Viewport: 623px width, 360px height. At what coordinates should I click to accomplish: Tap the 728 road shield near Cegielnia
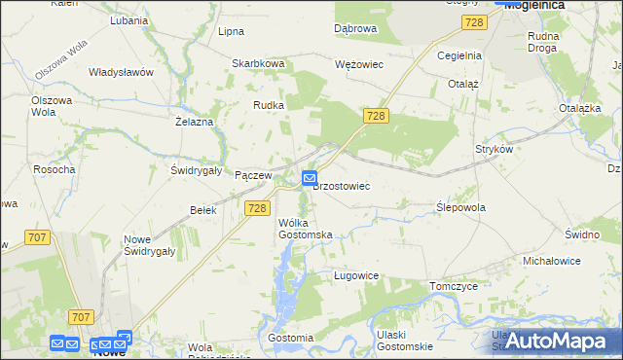(474, 22)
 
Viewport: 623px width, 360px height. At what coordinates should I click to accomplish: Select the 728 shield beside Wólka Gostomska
(257, 208)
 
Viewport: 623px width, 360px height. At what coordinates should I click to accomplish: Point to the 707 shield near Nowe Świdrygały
(38, 237)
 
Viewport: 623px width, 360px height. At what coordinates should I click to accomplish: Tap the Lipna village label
(231, 31)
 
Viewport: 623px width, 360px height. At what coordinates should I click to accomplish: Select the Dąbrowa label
(355, 28)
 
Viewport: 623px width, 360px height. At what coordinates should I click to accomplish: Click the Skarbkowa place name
(258, 63)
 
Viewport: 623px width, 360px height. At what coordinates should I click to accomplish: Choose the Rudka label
(268, 105)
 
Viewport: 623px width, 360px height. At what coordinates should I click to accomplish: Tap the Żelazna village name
(194, 122)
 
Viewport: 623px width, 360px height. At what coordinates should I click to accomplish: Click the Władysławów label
(122, 72)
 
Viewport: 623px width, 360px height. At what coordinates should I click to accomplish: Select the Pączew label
(252, 174)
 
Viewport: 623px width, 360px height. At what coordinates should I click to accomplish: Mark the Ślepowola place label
(461, 207)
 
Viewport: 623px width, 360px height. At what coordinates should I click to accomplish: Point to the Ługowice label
(355, 275)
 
